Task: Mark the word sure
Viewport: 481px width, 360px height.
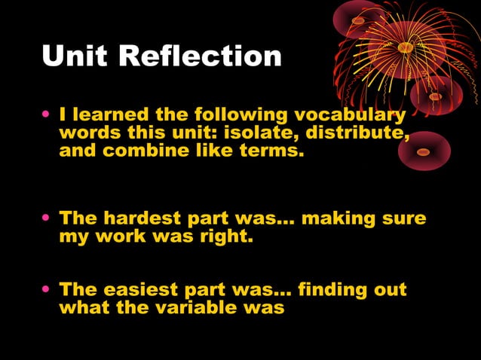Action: (x=405, y=219)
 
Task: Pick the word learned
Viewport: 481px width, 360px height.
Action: (x=109, y=115)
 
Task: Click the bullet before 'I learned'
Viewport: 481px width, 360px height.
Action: (x=47, y=116)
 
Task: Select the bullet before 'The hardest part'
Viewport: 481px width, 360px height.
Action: (x=47, y=219)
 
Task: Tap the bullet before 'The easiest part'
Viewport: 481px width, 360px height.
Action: (x=47, y=290)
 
